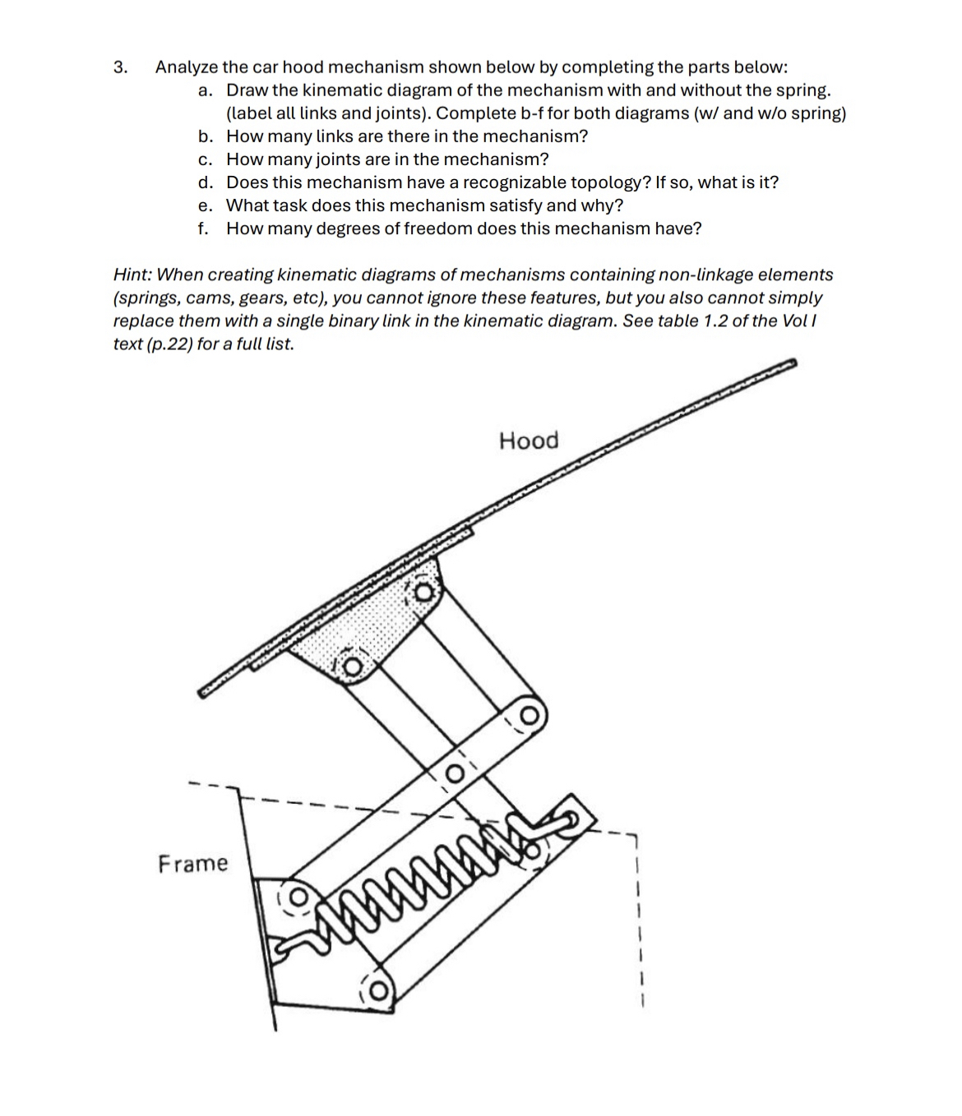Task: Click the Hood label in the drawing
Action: (x=529, y=440)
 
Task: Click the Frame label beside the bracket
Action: (x=193, y=863)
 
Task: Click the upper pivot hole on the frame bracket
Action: (x=297, y=892)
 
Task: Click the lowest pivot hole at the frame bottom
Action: (x=378, y=992)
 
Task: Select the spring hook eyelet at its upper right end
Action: (x=569, y=819)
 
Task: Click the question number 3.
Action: (x=120, y=67)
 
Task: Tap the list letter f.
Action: (x=203, y=228)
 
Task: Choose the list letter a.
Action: (x=204, y=90)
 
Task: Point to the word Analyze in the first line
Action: (x=187, y=67)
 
